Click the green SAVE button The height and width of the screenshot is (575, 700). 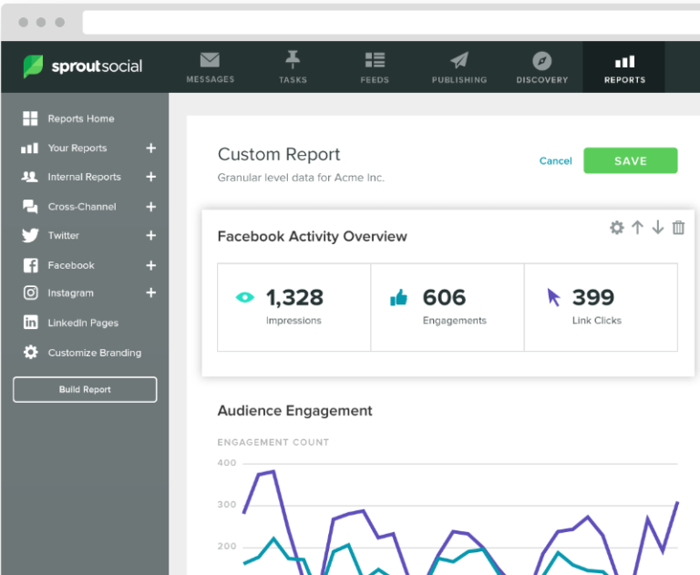coord(630,160)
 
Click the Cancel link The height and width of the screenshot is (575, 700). coord(555,161)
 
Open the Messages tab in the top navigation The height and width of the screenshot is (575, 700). coord(210,67)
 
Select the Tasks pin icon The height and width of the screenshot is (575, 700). coord(293,60)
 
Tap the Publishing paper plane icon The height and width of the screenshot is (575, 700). coord(459,60)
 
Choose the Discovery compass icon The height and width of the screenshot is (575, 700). coord(542,60)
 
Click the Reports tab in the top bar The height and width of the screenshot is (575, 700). coord(624,67)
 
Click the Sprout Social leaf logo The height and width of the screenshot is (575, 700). coord(33,67)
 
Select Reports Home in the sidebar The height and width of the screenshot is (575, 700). coord(80,118)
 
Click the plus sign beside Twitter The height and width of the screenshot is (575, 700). coord(151,236)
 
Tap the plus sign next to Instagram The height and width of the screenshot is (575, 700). coord(151,293)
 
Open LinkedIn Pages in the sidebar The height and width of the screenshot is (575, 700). coord(82,323)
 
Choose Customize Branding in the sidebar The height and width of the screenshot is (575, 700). coord(94,353)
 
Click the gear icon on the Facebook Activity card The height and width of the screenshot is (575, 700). coord(617,228)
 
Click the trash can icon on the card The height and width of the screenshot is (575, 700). coord(678,228)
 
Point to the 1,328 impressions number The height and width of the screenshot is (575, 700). coord(294,297)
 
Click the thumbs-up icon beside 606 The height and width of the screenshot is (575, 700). coord(398,297)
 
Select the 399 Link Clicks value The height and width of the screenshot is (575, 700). coord(592,297)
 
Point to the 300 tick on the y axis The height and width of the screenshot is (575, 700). coord(226,505)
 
